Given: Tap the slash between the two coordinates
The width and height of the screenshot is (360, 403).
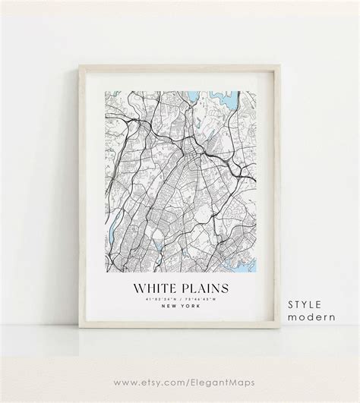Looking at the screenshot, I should [x=178, y=300].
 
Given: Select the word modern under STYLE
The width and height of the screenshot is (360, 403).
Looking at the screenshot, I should [x=309, y=297].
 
